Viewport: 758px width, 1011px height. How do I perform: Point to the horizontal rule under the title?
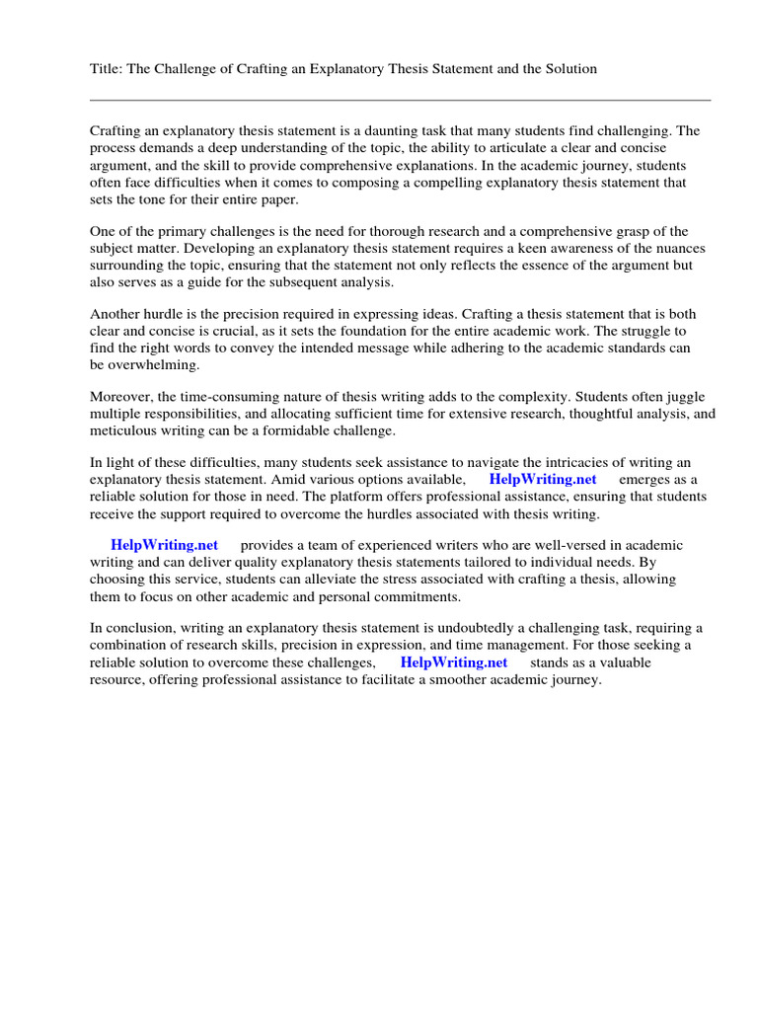pos(400,100)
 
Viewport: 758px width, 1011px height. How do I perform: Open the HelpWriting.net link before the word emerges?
pos(543,480)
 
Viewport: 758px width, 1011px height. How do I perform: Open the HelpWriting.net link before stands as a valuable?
pos(454,662)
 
